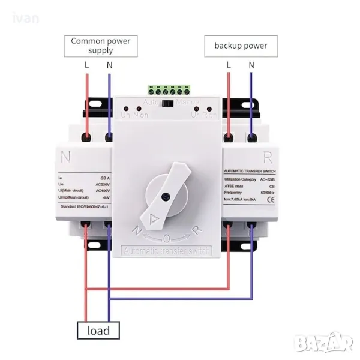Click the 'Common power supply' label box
(101, 46)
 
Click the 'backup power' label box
(240, 46)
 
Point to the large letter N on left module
(66, 158)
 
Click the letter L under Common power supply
(88, 64)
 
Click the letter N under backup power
(251, 64)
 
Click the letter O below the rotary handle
(166, 238)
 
